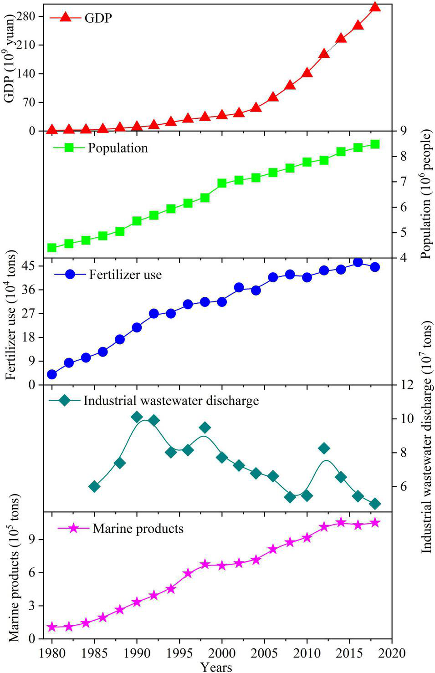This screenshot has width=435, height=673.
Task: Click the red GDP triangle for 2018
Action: pyautogui.click(x=375, y=6)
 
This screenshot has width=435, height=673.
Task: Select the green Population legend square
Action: pyautogui.click(x=69, y=148)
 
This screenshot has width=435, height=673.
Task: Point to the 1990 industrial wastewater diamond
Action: pyautogui.click(x=137, y=417)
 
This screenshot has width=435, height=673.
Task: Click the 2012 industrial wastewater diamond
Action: pyautogui.click(x=324, y=448)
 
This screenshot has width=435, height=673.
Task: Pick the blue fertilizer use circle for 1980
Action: pyautogui.click(x=52, y=374)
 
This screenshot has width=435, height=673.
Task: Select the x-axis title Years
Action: pyautogui.click(x=216, y=667)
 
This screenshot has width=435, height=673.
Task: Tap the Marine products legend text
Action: pyautogui.click(x=138, y=529)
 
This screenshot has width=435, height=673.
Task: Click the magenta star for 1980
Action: pyautogui.click(x=52, y=627)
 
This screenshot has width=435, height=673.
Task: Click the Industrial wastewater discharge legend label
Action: pyautogui.click(x=171, y=401)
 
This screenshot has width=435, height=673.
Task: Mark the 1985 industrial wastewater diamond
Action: pyautogui.click(x=94, y=486)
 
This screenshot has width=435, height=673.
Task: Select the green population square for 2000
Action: pyautogui.click(x=222, y=183)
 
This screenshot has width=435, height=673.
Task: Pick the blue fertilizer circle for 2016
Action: pyautogui.click(x=358, y=262)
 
